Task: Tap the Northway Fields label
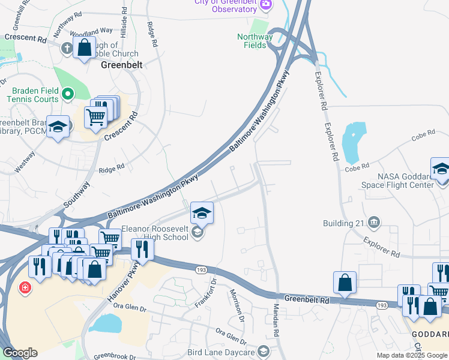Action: [255, 41]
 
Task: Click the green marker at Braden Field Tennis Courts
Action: [68, 94]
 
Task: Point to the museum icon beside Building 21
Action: [374, 223]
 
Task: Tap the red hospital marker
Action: [25, 288]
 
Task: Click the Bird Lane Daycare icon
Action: [262, 350]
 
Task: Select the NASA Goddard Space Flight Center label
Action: [405, 181]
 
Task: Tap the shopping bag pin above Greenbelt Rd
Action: [345, 282]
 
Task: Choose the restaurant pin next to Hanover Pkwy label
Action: [142, 248]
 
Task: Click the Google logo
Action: [20, 353]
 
